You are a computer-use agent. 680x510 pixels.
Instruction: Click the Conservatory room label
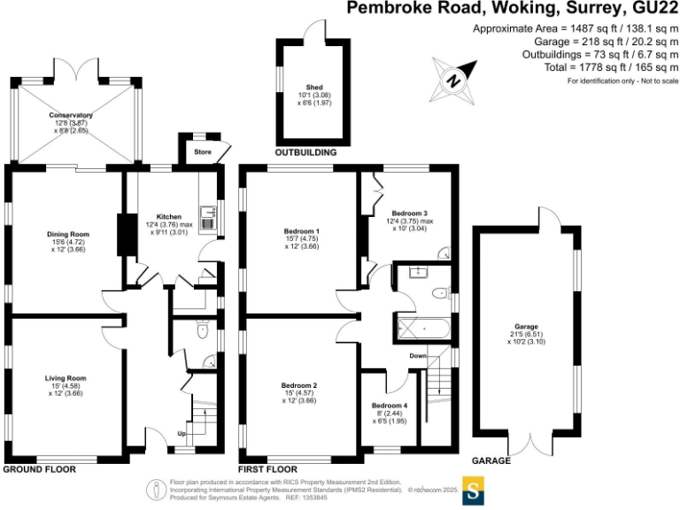72,115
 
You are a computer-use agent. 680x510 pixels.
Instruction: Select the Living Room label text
66,378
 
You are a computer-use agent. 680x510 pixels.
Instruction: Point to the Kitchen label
169,216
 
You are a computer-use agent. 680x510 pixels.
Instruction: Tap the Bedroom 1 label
300,232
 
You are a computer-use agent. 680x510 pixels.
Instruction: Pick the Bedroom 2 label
298,385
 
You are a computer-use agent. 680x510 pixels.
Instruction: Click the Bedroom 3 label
410,213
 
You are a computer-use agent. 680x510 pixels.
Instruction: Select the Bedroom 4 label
390,405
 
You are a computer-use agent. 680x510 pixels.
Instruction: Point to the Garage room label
526,327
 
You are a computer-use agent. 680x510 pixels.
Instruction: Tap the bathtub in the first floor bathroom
425,328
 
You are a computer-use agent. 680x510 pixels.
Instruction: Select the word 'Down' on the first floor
419,356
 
